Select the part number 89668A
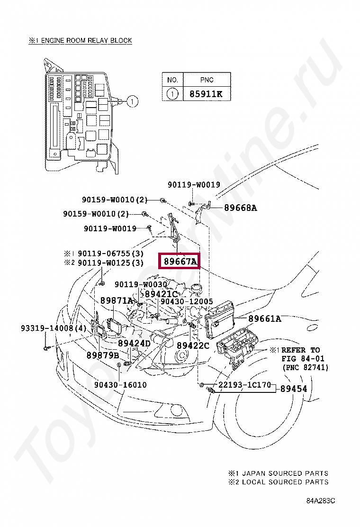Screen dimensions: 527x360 (240, 208)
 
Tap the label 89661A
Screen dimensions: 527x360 (264, 319)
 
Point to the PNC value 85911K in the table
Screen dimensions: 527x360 (206, 94)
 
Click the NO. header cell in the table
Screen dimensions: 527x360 (172, 80)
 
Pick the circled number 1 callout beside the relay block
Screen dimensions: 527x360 (133, 100)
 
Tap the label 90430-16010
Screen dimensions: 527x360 (120, 385)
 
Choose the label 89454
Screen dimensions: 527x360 (293, 389)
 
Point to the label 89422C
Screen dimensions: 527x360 (193, 346)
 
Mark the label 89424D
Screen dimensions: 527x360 (134, 343)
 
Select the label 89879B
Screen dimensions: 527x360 (102, 355)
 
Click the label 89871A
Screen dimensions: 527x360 (117, 300)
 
